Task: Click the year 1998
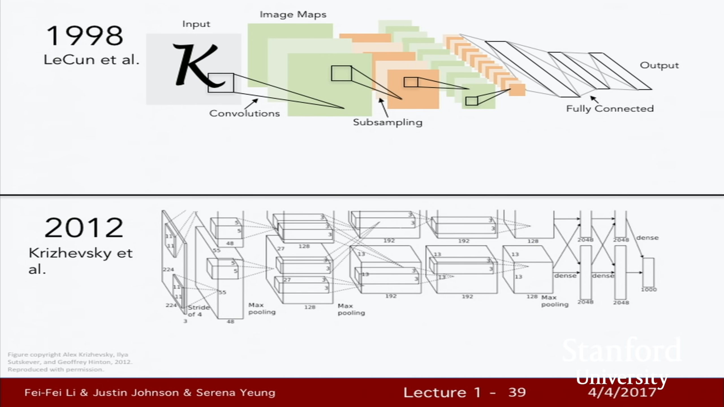[84, 36]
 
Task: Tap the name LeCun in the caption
[65, 60]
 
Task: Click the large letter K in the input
[195, 64]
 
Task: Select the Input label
[196, 24]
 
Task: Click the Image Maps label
[293, 15]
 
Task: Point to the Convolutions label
[244, 113]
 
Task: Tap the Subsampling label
[387, 122]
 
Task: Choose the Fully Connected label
[610, 109]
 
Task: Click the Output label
[659, 66]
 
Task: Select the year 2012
[84, 228]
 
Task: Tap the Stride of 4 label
[198, 311]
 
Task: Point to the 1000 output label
[648, 289]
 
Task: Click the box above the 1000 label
[648, 272]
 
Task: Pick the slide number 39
[517, 392]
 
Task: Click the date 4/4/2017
[622, 392]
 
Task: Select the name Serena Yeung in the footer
[236, 393]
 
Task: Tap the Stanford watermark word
[622, 350]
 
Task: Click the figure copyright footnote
[70, 362]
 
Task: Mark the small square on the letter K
[221, 83]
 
